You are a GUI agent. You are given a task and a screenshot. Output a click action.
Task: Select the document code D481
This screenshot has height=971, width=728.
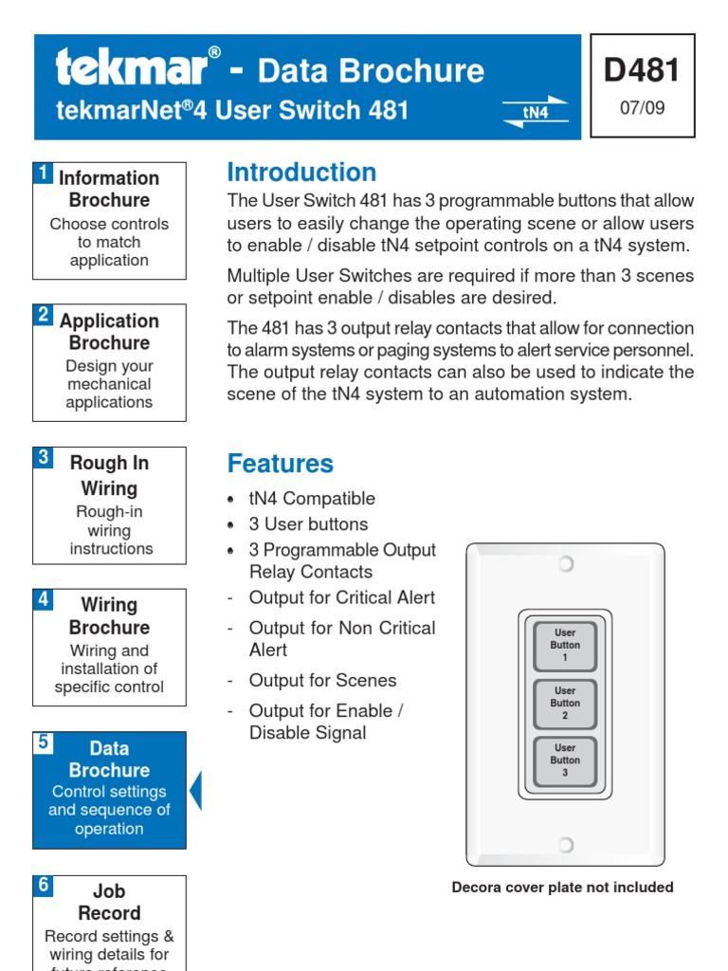(x=642, y=71)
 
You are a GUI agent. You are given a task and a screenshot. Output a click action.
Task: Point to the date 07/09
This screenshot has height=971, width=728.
(x=642, y=108)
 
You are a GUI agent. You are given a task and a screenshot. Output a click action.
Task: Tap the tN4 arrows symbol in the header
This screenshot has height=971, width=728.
(x=536, y=111)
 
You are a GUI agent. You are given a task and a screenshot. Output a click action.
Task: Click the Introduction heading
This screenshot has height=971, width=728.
(x=301, y=173)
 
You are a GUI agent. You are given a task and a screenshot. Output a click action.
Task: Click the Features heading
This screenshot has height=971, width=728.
(x=281, y=464)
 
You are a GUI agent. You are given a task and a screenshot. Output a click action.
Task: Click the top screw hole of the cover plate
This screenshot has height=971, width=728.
(x=565, y=564)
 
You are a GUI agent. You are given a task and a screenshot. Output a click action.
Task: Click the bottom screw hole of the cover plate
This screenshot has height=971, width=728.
(x=565, y=844)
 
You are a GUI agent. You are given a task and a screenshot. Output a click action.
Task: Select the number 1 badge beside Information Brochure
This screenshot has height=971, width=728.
(x=43, y=173)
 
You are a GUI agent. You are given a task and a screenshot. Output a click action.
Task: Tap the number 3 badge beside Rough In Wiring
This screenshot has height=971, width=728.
(x=43, y=457)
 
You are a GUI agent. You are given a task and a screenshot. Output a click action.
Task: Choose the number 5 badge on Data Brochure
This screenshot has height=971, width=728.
(x=43, y=742)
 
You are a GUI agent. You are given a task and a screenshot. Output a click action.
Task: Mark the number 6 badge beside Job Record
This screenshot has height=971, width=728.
(x=43, y=885)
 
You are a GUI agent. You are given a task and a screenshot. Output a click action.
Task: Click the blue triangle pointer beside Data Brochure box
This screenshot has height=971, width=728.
(x=195, y=791)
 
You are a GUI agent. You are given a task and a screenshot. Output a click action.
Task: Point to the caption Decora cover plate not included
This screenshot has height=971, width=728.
(x=562, y=888)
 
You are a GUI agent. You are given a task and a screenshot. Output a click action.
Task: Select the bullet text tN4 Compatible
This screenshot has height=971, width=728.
(x=312, y=499)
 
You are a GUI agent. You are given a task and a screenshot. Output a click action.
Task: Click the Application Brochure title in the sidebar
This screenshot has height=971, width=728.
(x=109, y=332)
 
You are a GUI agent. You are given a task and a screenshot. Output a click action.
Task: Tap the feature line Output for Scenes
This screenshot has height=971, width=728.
(x=322, y=681)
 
